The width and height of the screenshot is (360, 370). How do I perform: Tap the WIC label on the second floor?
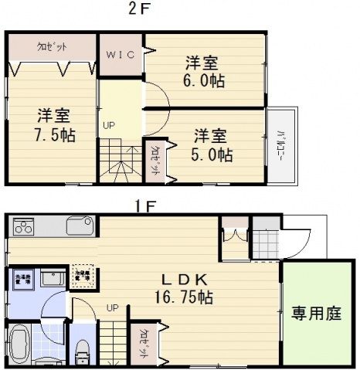coord(121,55)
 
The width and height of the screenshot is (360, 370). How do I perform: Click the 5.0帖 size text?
coord(212,154)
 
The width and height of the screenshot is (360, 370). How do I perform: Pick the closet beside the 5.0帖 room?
coord(154,161)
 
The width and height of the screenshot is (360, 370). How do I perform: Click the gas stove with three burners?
coord(23,228)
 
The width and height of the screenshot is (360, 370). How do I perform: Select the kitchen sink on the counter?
coord(79,227)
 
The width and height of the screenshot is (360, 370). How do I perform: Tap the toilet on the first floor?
coord(82,351)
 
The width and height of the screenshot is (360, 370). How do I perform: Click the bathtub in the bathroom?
coord(21,344)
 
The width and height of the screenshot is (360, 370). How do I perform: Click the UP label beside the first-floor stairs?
coord(112,307)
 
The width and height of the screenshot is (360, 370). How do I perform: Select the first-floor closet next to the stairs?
coord(144,342)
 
